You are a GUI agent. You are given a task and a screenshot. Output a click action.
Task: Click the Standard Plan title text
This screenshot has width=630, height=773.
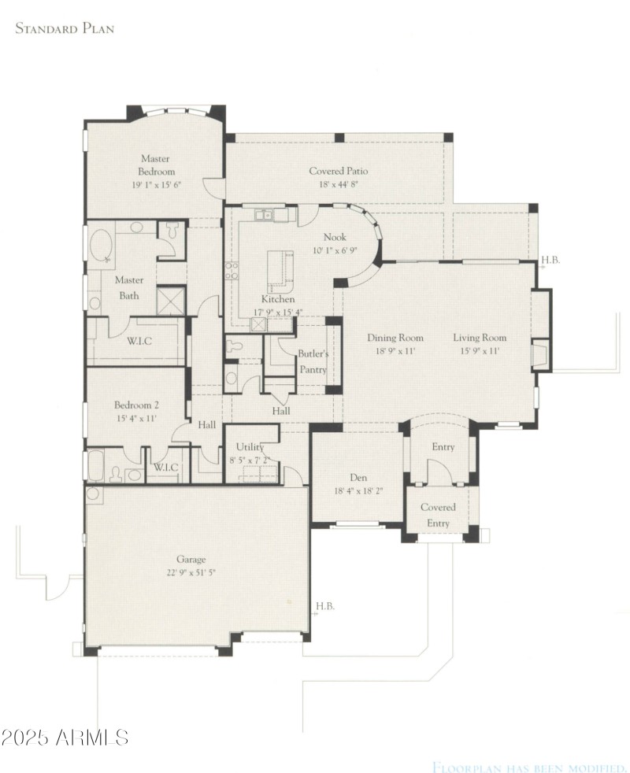[65, 29]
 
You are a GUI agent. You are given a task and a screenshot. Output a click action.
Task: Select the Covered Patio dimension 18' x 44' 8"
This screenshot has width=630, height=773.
[338, 184]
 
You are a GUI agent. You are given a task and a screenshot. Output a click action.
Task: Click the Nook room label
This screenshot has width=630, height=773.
[334, 237]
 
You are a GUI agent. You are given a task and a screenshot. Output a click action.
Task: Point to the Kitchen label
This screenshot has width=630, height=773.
[278, 299]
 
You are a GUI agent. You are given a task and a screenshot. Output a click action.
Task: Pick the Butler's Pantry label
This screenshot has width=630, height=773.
[313, 361]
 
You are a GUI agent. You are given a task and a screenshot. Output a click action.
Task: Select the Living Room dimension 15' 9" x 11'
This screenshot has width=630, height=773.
[479, 352]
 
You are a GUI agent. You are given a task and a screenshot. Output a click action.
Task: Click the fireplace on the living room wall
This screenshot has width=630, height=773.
[541, 354]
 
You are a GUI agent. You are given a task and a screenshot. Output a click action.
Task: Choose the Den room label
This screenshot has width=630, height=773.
[358, 478]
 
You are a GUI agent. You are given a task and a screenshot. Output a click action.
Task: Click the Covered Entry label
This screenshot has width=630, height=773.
[438, 516]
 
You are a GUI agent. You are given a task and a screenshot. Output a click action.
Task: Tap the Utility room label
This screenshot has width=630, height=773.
[250, 447]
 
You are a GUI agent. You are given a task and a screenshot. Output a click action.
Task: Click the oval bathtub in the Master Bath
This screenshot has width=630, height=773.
[101, 246]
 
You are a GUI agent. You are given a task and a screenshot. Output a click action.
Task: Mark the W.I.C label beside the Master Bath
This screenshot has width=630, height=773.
[139, 340]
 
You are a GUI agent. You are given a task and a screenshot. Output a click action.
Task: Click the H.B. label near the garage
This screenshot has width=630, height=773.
[325, 606]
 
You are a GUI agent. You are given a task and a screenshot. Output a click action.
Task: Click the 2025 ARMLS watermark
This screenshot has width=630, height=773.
[65, 738]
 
